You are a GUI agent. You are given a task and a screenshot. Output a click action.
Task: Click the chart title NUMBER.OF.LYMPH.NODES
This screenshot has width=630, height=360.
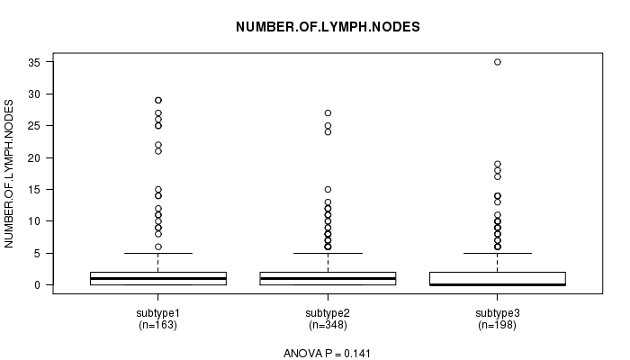point(328,27)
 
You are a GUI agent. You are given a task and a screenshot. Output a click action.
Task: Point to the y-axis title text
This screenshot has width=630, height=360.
point(9,174)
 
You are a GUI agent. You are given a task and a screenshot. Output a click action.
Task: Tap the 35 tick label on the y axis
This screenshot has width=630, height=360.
point(34,62)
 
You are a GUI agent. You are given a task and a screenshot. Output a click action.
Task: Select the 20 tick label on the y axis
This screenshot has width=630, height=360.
point(34,157)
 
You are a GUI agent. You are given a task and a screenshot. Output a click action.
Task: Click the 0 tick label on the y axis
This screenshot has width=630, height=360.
point(38,285)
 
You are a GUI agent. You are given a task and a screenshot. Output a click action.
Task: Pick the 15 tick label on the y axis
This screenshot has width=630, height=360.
point(34,190)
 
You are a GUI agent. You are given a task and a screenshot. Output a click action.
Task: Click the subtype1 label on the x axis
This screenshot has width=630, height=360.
point(157,313)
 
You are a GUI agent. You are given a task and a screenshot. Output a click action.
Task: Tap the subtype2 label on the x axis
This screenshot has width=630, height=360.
point(328,313)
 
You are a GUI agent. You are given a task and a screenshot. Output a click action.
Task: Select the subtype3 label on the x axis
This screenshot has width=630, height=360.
point(498,313)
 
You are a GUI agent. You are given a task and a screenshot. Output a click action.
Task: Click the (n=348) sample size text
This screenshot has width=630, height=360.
point(328,325)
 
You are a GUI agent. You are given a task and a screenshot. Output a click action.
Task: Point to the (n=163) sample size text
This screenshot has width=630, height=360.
point(157,325)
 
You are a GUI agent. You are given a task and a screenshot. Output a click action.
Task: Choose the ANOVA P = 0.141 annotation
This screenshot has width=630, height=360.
point(327,353)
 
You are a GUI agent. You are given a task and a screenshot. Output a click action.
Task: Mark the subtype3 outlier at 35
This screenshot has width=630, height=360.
point(498,62)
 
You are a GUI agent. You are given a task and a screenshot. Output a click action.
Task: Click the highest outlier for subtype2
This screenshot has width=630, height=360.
point(328,112)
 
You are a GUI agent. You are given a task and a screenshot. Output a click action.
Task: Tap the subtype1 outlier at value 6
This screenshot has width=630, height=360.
point(158,247)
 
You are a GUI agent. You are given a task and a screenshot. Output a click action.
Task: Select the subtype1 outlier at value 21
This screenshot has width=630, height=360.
point(158,151)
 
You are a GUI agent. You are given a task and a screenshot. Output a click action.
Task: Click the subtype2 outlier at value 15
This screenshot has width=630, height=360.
point(328,189)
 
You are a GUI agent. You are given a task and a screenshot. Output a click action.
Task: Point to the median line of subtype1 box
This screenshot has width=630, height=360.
point(158,278)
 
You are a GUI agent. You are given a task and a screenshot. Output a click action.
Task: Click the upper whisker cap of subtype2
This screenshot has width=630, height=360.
point(328,253)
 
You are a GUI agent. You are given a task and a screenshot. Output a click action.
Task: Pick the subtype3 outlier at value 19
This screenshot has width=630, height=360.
point(498,164)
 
